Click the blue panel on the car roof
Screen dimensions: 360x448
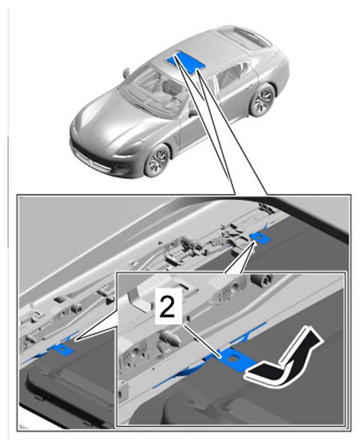pyautogui.click(x=186, y=61)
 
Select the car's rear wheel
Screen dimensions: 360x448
pyautogui.click(x=263, y=99)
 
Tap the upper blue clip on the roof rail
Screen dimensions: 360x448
pyautogui.click(x=259, y=237)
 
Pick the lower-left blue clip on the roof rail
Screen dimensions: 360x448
pyautogui.click(x=62, y=349)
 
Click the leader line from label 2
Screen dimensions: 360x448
pyautogui.click(x=202, y=341)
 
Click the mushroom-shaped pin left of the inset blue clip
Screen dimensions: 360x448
pyautogui.click(x=170, y=336)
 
